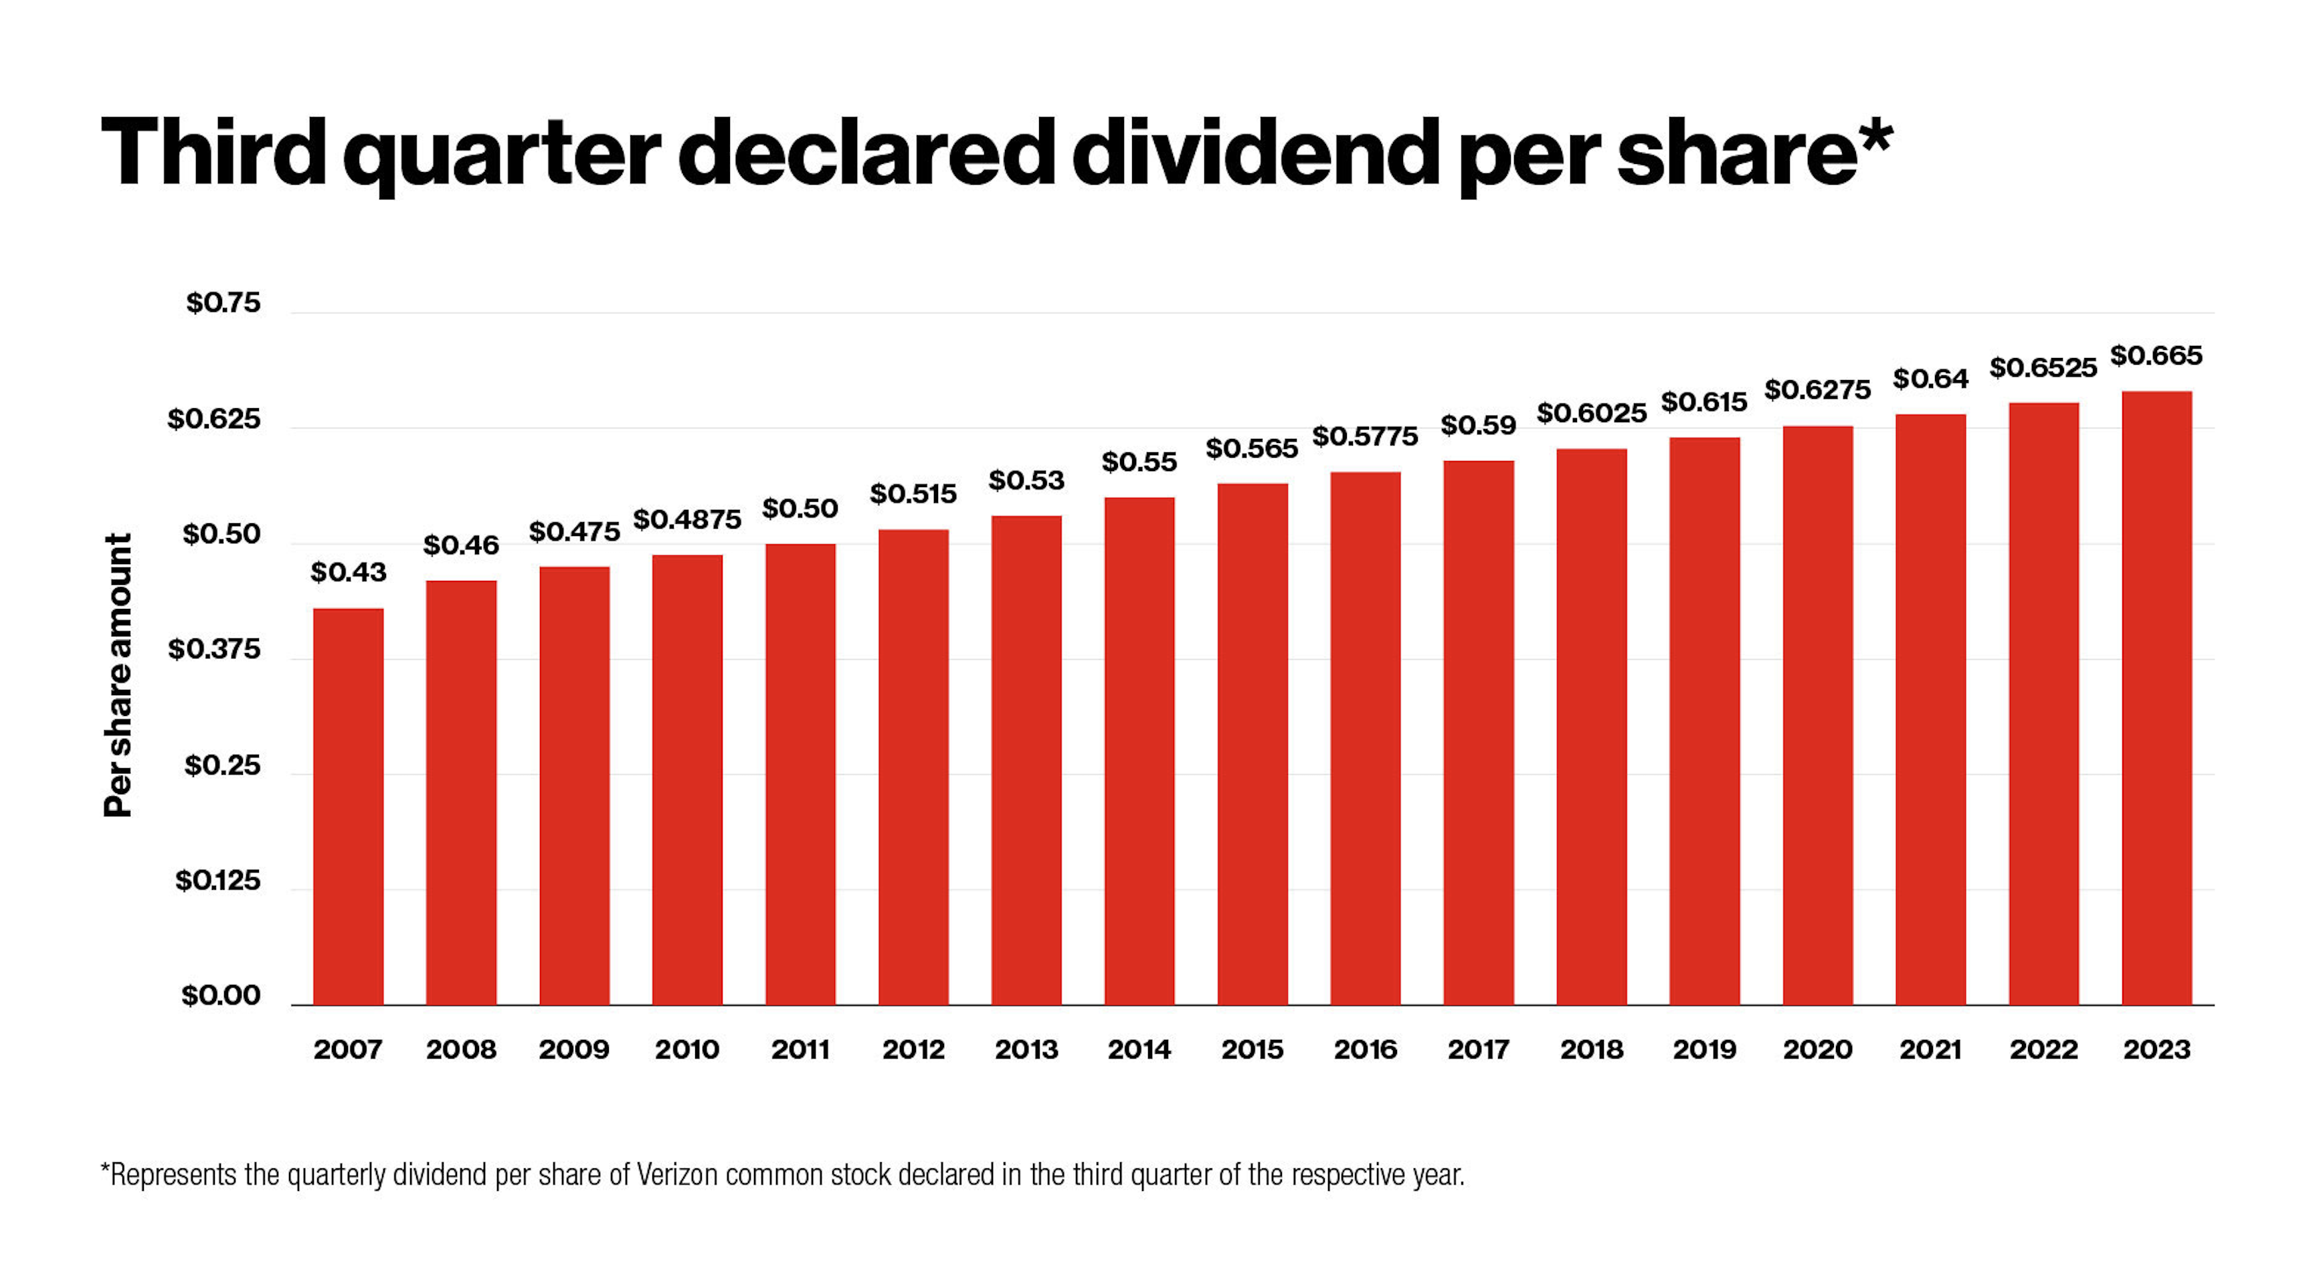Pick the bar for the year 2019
tap(1704, 721)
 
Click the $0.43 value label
tap(348, 571)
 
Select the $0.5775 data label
tap(1364, 437)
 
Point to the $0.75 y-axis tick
tap(223, 303)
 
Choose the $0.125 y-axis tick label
tap(217, 880)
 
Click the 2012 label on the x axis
tap(913, 1049)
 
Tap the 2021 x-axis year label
tap(1930, 1049)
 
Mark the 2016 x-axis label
tap(1364, 1049)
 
